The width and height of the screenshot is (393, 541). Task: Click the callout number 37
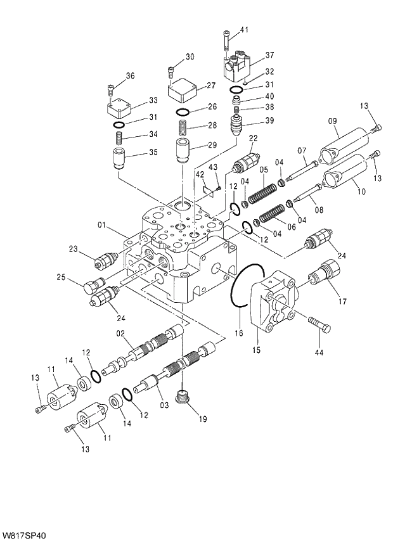point(269,55)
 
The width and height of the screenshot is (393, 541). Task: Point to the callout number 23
point(74,249)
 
